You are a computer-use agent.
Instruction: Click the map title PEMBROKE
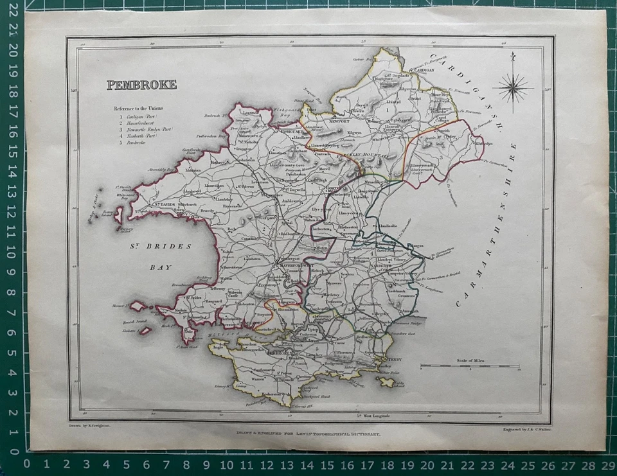141,85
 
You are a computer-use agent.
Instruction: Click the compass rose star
512,88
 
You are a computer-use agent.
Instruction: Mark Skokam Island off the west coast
145,331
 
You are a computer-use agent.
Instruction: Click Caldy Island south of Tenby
387,382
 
